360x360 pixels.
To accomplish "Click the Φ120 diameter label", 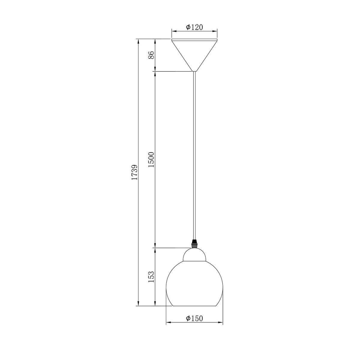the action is coord(194,27).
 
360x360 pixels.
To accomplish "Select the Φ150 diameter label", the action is coord(194,318).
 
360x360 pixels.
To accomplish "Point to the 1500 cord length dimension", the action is coord(151,159).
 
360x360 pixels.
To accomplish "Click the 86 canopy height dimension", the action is coord(151,55).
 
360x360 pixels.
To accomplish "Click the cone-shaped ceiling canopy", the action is coord(194,55).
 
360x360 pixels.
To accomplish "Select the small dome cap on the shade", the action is coord(194,254).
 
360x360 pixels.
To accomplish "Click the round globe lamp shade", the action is coord(194,284).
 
